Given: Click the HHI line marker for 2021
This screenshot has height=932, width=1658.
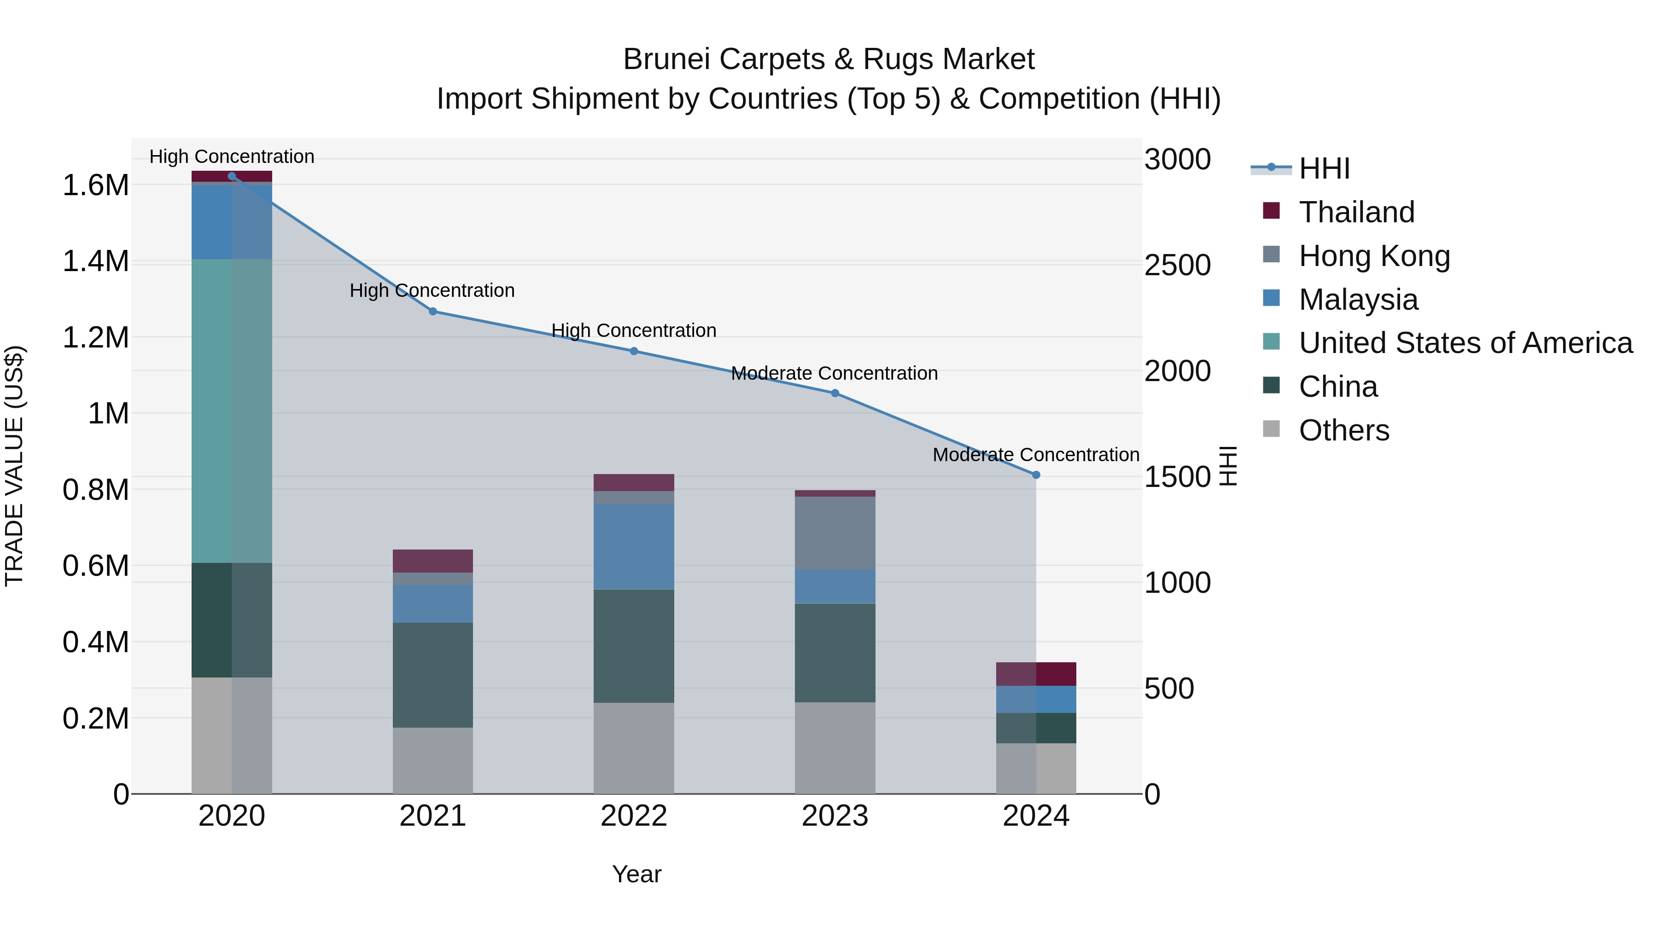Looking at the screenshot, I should [432, 311].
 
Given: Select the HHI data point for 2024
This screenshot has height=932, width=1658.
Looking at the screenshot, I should [1036, 475].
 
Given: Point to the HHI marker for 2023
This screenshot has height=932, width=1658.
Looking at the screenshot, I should [835, 393].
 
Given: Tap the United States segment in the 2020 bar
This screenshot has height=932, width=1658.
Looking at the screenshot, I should [232, 411].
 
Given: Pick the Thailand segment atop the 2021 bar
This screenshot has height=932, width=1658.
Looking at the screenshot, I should [432, 561].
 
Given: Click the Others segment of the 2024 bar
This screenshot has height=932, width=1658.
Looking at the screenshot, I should [1036, 768].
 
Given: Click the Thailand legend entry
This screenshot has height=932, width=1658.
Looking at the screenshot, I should [1356, 212].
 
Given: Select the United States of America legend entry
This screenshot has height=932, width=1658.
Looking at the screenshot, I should [1465, 343].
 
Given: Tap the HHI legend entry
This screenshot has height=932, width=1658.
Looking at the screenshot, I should [1324, 168].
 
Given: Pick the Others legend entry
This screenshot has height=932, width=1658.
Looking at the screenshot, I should [1343, 430].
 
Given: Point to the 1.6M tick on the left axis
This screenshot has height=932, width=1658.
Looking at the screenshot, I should [95, 185].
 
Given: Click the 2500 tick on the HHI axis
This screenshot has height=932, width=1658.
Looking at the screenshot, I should [1177, 265].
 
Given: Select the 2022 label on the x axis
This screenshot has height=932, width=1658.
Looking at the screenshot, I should [633, 816].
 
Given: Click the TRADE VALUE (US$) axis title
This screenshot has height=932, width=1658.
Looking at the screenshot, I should [14, 466].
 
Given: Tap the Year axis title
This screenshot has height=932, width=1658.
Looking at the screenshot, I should [636, 874].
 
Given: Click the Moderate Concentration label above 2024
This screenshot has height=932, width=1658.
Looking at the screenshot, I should [1036, 455].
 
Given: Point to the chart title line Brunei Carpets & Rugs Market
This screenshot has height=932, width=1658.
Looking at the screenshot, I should [829, 59].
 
